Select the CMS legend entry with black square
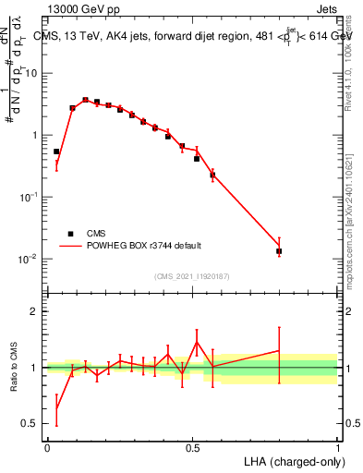point(97,234)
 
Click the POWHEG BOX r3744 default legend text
point(142,246)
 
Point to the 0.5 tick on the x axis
point(192,447)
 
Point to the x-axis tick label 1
point(337,447)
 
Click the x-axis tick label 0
point(47,447)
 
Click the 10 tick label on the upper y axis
point(31,73)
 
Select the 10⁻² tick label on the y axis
point(30,259)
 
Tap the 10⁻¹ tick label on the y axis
point(30,197)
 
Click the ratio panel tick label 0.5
point(30,424)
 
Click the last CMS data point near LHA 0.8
point(279,250)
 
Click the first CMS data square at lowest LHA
point(56,152)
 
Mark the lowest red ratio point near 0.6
point(56,408)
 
